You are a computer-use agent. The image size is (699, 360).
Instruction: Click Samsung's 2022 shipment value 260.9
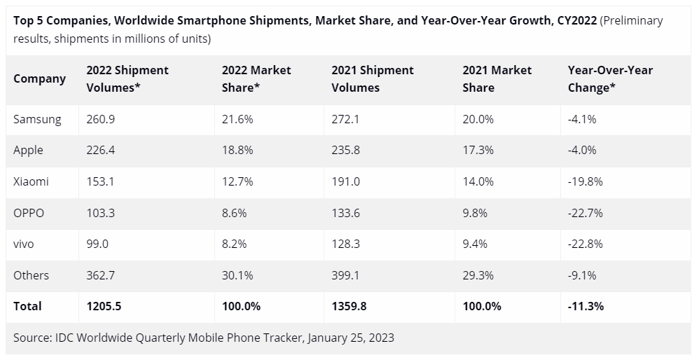[x=100, y=119]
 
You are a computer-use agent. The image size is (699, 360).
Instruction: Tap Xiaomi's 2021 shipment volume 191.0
[x=346, y=181]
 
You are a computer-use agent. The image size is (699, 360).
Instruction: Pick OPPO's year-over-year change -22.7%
[x=586, y=213]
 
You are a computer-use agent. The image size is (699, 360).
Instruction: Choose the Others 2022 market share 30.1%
[x=237, y=275]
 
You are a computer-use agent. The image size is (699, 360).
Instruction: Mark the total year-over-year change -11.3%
[x=586, y=306]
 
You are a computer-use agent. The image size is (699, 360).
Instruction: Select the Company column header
[x=39, y=78]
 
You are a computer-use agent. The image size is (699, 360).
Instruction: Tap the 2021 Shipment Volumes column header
[x=372, y=78]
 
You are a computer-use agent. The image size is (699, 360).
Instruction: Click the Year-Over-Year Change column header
[x=610, y=78]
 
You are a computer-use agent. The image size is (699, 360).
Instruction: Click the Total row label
[x=27, y=306]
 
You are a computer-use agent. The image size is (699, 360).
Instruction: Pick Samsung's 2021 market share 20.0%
[x=478, y=119]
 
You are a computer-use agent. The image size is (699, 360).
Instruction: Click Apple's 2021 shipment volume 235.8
[x=346, y=150]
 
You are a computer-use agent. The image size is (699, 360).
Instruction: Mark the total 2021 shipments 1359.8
[x=349, y=306]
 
